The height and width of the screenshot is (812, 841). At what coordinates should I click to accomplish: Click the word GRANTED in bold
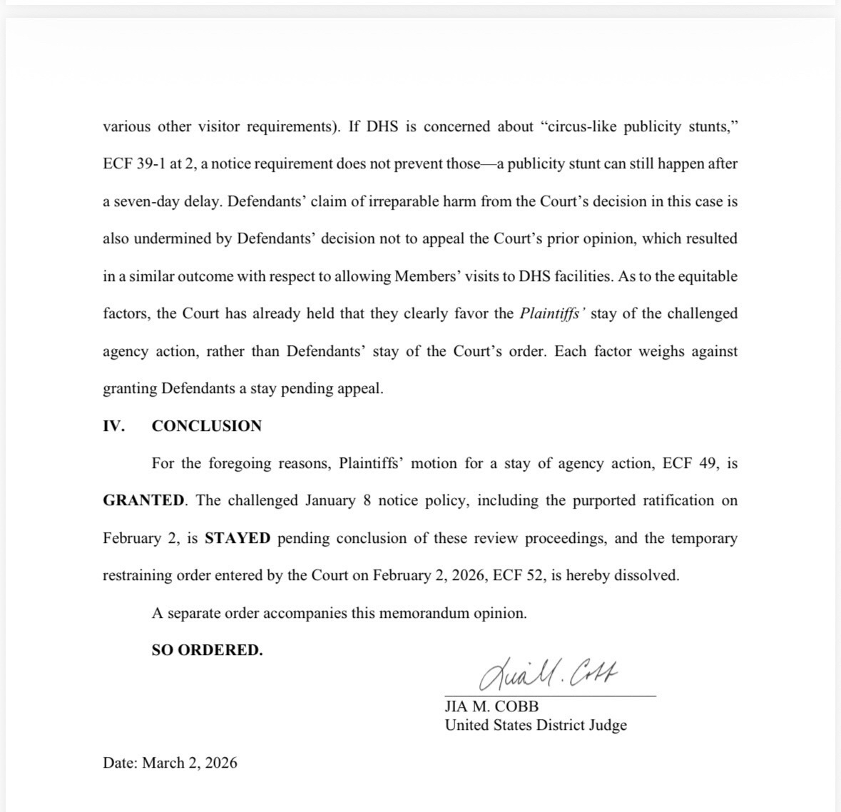(143, 500)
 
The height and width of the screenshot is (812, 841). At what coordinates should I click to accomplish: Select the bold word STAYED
(238, 538)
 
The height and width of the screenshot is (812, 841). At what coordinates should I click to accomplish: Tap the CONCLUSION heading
(207, 426)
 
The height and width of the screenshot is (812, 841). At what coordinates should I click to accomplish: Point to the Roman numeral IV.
(113, 426)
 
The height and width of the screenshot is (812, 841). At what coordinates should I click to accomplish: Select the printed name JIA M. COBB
(491, 706)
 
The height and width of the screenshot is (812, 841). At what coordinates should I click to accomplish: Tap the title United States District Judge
(536, 725)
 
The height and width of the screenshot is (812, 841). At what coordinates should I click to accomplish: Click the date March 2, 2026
(189, 763)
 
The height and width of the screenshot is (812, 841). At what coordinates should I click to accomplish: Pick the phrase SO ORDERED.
(207, 650)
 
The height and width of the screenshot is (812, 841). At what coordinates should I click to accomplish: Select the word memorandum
(425, 613)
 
